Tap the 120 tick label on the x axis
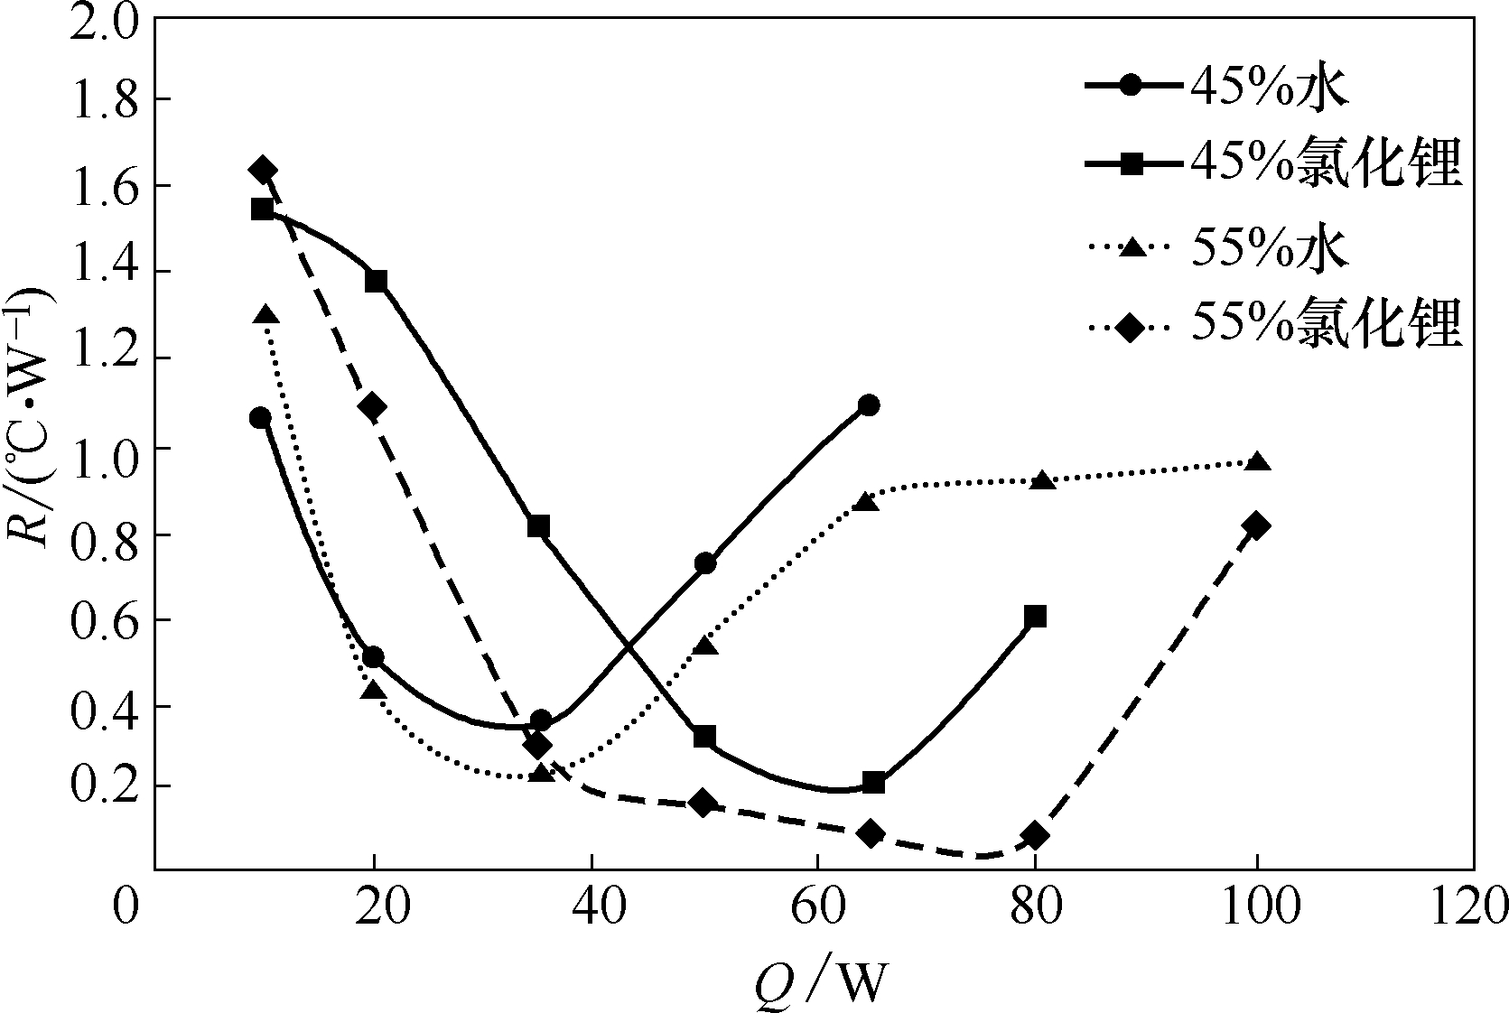[1471, 908]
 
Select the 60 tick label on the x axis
[816, 908]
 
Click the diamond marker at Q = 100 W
[1255, 526]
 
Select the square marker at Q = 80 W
[1036, 617]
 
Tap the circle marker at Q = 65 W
[869, 404]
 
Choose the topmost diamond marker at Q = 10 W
[264, 170]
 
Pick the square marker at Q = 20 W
[376, 281]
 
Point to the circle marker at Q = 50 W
[705, 563]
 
